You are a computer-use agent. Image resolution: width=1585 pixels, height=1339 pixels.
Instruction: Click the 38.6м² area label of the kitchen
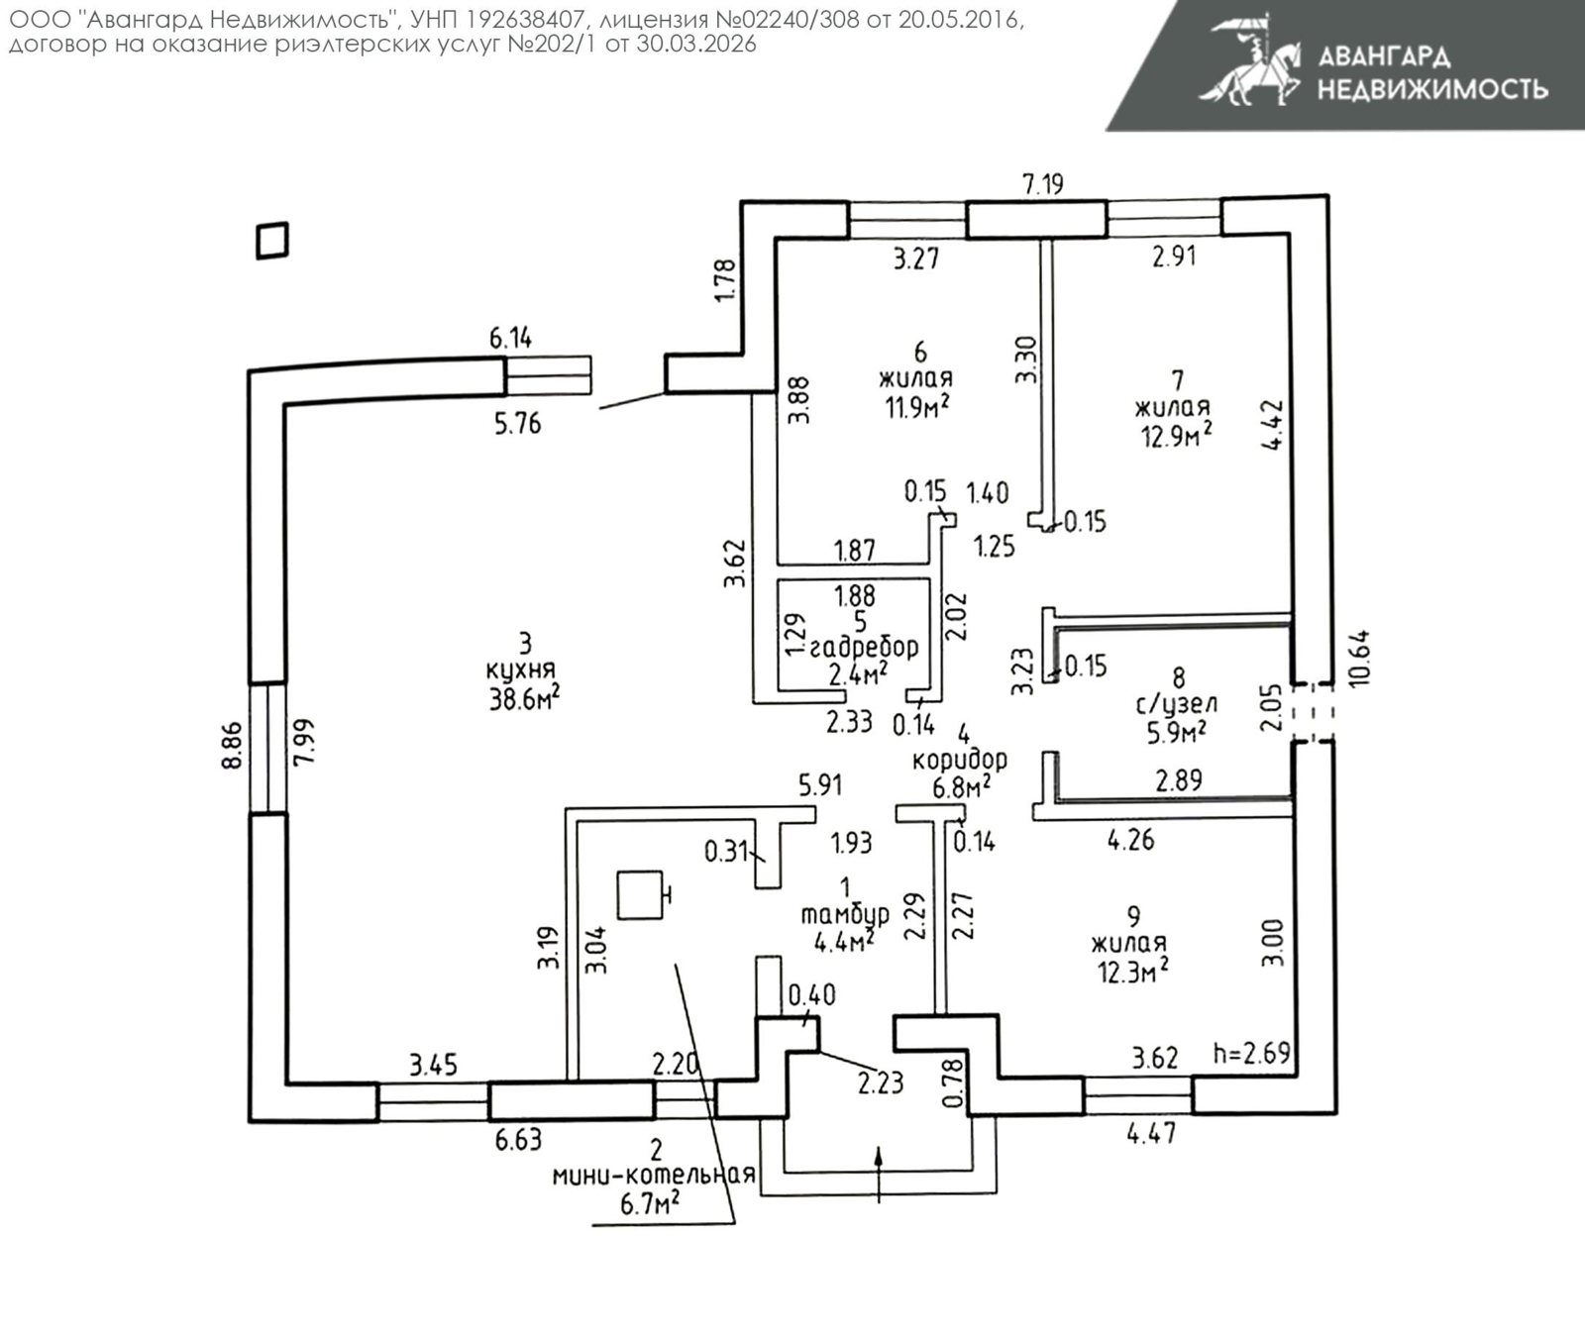524,699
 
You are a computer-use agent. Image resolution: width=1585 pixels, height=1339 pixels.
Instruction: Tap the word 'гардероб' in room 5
864,648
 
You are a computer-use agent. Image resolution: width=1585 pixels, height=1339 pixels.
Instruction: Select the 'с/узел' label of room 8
1176,704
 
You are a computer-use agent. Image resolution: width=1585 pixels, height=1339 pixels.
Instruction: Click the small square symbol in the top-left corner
272,241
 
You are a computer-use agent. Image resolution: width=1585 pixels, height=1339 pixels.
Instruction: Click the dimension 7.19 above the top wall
1042,183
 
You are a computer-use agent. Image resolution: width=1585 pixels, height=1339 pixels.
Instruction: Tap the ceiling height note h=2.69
1251,1053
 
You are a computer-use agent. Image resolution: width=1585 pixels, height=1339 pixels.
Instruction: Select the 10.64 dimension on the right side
1358,658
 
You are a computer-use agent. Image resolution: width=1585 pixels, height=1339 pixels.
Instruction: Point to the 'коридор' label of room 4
959,760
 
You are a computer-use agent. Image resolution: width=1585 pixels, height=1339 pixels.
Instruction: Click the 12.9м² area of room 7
1176,435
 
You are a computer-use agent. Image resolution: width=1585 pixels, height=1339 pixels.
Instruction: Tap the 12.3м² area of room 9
1132,972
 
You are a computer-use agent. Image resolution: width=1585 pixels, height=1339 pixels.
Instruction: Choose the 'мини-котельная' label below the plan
654,1176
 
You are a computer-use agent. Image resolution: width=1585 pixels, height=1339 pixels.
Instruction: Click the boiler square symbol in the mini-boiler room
640,894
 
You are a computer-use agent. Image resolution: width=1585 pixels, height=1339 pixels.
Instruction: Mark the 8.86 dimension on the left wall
231,747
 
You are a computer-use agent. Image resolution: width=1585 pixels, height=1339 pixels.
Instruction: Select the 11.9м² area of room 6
917,406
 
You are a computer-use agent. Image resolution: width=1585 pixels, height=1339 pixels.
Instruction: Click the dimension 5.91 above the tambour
820,785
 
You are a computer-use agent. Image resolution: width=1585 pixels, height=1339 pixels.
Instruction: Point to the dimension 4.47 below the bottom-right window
1151,1132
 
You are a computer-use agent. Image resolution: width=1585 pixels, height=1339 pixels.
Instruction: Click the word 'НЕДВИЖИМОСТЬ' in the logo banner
1431,89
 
